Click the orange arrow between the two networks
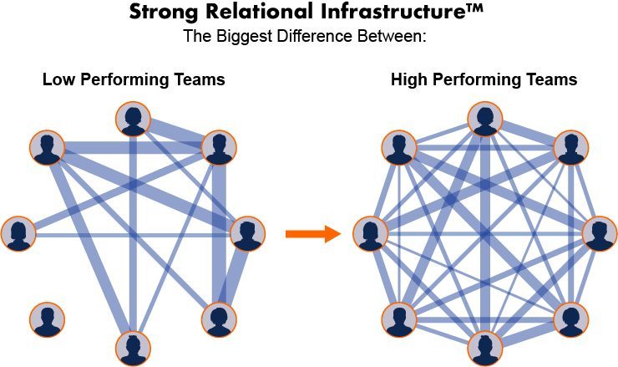[313, 234]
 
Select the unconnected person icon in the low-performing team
[47, 319]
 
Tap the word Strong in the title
[160, 13]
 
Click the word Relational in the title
[242, 13]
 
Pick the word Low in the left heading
[57, 80]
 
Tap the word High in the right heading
[408, 80]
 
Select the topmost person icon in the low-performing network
[133, 120]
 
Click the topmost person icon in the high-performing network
[484, 120]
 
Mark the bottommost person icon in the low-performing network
[133, 347]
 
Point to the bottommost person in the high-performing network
[484, 347]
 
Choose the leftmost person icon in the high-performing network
[370, 233]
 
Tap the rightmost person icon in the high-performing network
[598, 233]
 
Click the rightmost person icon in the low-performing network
[247, 233]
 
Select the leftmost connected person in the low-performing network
[18, 233]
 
